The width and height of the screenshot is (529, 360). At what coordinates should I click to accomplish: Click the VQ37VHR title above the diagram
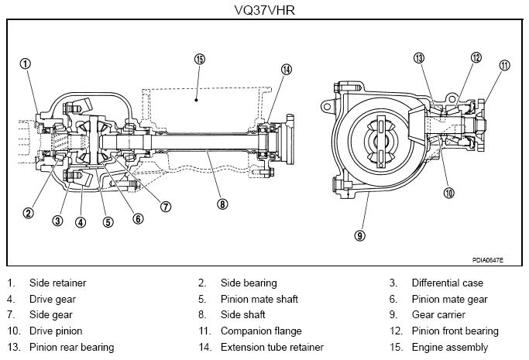tap(265, 10)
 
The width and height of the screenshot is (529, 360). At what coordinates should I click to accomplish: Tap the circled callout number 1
tap(26, 63)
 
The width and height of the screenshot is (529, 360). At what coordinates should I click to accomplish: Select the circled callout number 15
tap(200, 59)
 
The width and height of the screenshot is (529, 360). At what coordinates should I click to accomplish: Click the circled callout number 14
tap(287, 70)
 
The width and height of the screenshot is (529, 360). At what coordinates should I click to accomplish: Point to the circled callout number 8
tap(222, 204)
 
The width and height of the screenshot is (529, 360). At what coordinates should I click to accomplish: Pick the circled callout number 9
tap(360, 235)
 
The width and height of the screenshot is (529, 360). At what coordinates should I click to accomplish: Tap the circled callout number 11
tap(504, 65)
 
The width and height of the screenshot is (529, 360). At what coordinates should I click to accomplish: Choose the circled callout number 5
tap(108, 222)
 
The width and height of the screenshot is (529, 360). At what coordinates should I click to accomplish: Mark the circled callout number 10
tap(448, 193)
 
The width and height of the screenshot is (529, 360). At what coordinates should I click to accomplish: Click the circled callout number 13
tap(419, 58)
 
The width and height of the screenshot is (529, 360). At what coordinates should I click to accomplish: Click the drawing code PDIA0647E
tap(487, 260)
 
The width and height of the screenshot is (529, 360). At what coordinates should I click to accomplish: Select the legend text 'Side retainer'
tap(57, 283)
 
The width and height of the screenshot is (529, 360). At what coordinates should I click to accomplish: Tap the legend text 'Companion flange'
tap(261, 331)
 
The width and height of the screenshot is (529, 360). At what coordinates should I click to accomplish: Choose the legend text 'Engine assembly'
tap(450, 347)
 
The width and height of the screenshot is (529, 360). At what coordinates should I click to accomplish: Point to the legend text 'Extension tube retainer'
tap(272, 347)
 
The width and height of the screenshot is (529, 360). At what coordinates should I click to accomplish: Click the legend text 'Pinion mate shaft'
tap(259, 299)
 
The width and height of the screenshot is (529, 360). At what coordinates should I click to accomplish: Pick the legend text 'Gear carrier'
tap(438, 315)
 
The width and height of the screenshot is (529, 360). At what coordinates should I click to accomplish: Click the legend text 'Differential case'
tap(448, 283)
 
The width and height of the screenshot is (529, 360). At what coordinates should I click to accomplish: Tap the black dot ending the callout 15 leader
tap(196, 99)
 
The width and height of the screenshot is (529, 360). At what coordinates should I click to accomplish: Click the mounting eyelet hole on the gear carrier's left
tap(327, 107)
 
